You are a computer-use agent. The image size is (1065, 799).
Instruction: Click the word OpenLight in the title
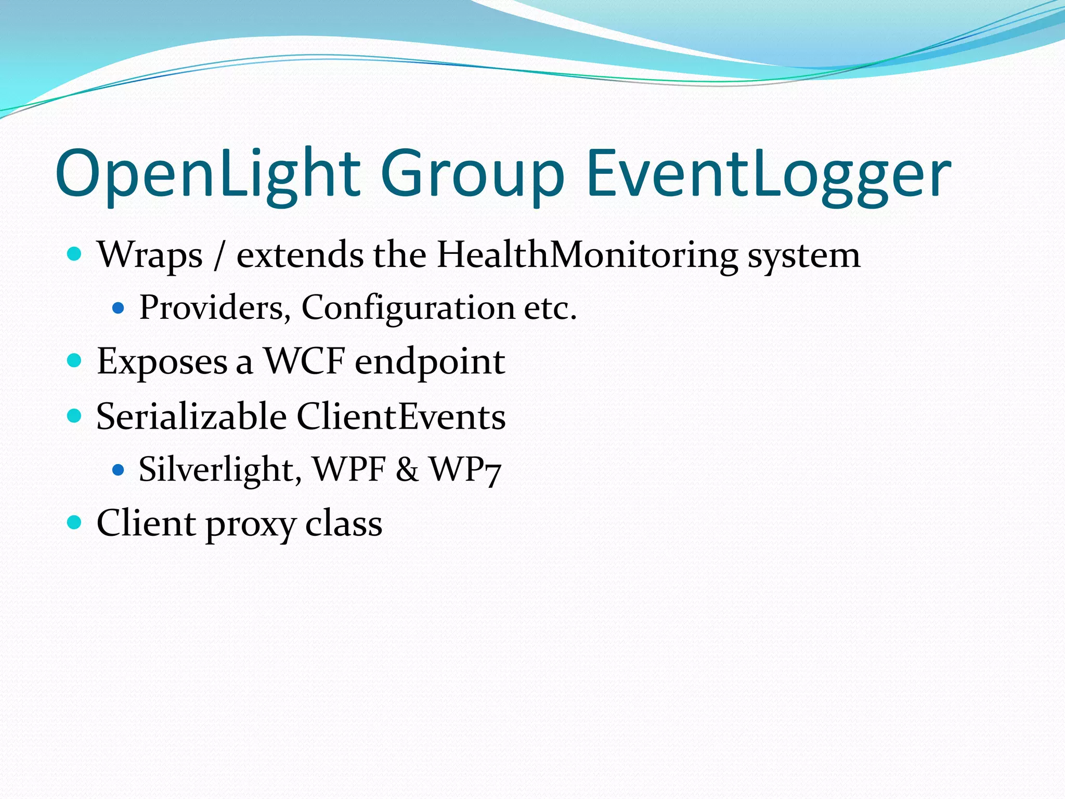point(208,174)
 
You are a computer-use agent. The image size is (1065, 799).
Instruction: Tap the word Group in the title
point(472,174)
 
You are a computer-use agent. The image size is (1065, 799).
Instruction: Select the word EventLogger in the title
point(769,174)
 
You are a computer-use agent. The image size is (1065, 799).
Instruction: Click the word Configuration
point(408,308)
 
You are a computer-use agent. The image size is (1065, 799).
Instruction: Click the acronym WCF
point(304,361)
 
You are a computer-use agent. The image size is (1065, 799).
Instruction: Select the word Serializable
point(191,417)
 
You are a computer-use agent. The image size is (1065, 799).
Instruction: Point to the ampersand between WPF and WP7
point(407,469)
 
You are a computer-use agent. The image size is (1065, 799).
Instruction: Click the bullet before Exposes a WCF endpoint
point(75,360)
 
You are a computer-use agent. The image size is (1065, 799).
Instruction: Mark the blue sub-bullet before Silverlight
point(119,470)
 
